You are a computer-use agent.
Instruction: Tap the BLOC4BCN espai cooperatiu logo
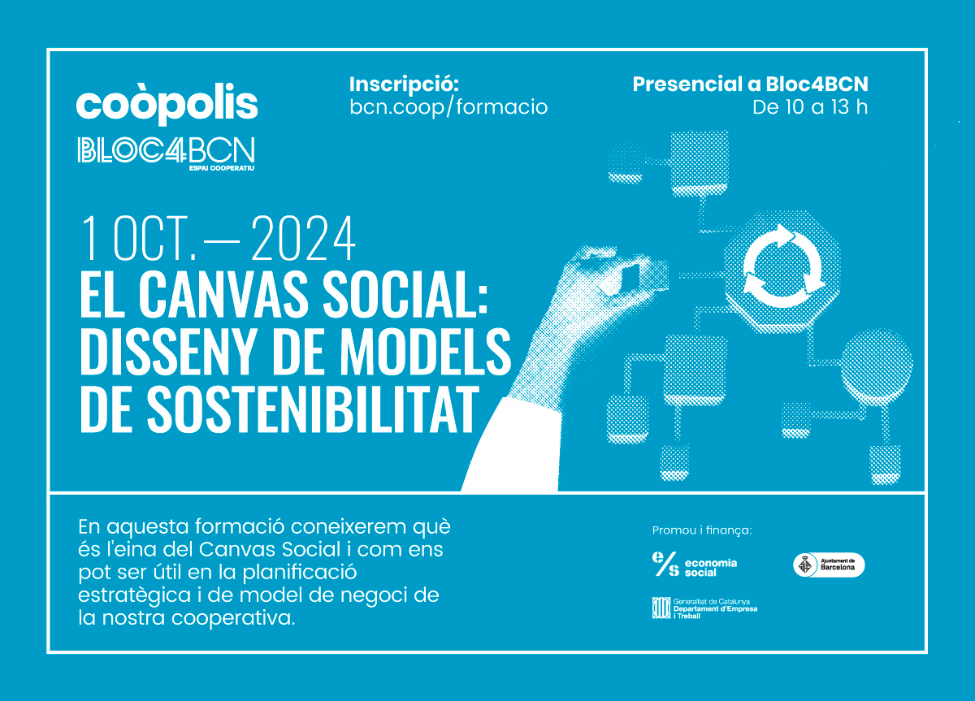(x=167, y=154)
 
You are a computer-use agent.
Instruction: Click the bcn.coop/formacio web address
(x=448, y=107)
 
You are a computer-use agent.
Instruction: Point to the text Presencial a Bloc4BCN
(x=750, y=84)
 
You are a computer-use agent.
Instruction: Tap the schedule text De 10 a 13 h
(x=810, y=107)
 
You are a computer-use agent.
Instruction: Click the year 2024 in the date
(x=303, y=239)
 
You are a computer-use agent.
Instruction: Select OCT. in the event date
(x=155, y=239)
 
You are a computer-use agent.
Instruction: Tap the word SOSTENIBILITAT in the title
(x=312, y=409)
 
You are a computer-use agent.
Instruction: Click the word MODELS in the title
(x=425, y=352)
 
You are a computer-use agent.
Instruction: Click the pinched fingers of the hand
(x=626, y=272)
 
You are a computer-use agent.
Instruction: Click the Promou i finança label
(x=702, y=530)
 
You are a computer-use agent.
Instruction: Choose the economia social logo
(x=694, y=564)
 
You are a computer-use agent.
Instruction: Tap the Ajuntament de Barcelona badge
(x=829, y=565)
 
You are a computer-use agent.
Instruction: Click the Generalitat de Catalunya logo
(x=704, y=608)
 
